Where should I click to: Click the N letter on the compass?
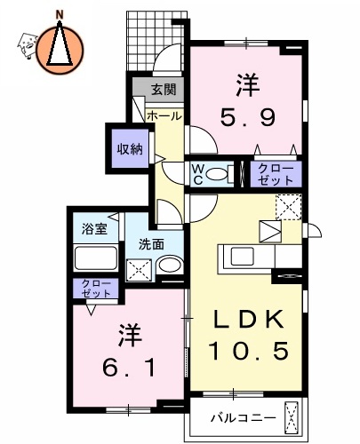60,14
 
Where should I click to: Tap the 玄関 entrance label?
163,89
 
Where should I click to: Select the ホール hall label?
164,116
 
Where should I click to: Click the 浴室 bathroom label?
91,227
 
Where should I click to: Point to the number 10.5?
249,351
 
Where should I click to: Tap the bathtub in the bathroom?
96,258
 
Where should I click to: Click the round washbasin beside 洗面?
169,265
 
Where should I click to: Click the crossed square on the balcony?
290,416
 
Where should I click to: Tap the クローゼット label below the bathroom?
93,288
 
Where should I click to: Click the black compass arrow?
60,44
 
